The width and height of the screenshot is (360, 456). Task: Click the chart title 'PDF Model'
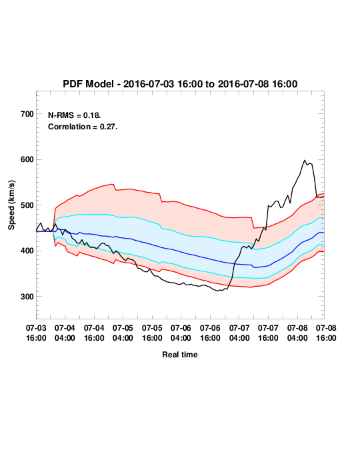click(88, 84)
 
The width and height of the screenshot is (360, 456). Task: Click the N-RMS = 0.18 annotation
click(75, 115)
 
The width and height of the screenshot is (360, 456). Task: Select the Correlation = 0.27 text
click(83, 127)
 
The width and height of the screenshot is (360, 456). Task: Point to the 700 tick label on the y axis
click(27, 114)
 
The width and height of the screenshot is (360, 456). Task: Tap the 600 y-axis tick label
click(27, 159)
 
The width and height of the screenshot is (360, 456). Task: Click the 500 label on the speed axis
click(27, 205)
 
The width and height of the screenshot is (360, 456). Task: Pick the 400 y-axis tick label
click(27, 251)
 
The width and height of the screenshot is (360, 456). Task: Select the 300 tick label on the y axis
click(27, 297)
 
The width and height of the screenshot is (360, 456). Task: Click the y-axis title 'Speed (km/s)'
click(11, 205)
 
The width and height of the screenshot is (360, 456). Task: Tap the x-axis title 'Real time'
click(180, 355)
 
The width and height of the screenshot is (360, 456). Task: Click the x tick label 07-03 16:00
click(36, 333)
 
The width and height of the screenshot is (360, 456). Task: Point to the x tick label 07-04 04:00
click(65, 333)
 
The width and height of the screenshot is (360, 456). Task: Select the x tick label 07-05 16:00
click(152, 333)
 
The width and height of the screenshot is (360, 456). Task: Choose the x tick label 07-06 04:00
click(181, 333)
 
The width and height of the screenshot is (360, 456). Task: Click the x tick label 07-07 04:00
click(239, 333)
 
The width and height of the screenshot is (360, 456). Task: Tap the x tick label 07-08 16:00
click(326, 333)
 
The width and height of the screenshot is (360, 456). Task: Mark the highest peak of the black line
click(305, 160)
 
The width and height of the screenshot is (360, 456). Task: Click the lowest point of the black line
click(218, 291)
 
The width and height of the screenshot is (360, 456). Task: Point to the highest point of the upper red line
click(113, 184)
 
